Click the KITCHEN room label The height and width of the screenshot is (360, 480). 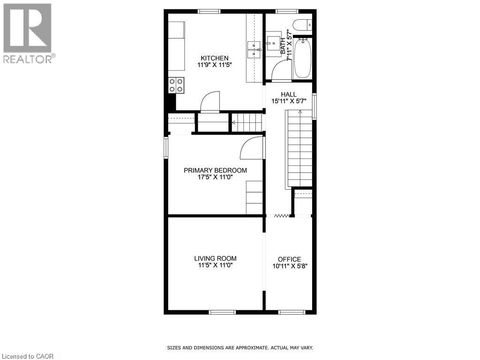pos(214,58)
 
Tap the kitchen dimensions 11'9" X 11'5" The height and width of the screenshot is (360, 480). pos(214,65)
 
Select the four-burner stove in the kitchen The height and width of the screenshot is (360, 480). pos(176,85)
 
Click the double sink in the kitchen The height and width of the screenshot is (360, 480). pos(254,50)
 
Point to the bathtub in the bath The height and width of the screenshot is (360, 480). pos(302,58)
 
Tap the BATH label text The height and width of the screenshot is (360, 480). pos(283,46)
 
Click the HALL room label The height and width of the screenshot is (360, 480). pos(288,95)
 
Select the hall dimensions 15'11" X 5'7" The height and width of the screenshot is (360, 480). pos(289,101)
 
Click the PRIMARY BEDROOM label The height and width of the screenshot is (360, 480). pos(215,171)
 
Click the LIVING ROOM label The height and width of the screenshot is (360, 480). pos(215,259)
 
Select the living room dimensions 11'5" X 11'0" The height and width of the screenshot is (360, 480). pos(215,265)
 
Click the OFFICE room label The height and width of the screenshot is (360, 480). pos(289,259)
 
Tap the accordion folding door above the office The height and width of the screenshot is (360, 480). pos(282,216)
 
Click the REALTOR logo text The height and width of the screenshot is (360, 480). pos(28,59)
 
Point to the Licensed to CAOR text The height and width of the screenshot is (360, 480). pos(28,356)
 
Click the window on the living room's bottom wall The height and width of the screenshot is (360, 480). pos(222,312)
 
